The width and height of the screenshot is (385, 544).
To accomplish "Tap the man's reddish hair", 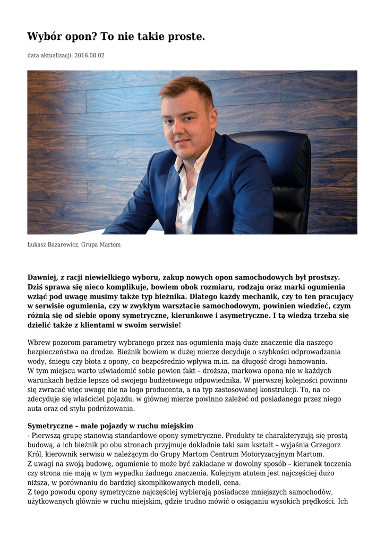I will [186, 88].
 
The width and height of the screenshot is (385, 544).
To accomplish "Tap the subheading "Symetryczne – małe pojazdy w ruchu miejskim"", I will [110, 426].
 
